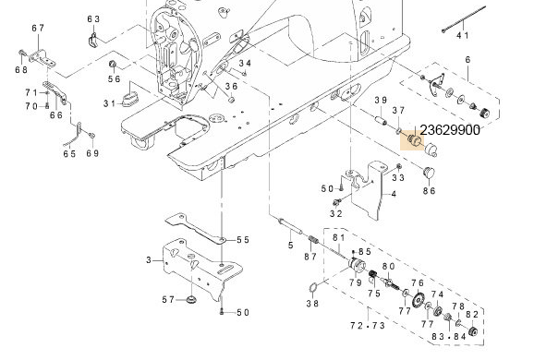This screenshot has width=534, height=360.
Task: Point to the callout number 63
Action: click(93, 18)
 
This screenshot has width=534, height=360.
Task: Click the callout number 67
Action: click(38, 29)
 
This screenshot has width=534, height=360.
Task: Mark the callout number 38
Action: click(312, 303)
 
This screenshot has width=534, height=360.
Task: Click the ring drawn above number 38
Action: click(315, 285)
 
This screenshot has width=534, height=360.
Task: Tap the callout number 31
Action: click(110, 102)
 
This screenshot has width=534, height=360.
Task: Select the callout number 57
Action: click(169, 299)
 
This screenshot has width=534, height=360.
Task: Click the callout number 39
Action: click(379, 100)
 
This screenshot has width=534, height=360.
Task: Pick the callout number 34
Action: click(245, 63)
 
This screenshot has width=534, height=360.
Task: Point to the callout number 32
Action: click(336, 213)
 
